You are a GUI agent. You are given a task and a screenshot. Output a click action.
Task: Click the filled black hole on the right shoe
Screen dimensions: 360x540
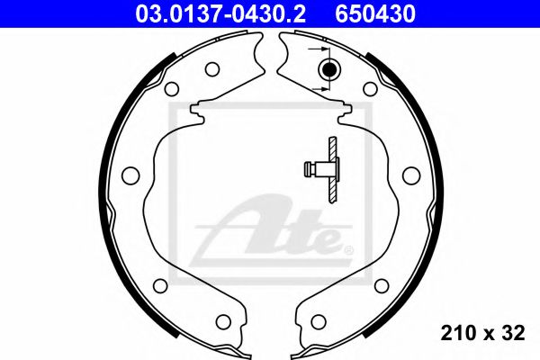(328, 69)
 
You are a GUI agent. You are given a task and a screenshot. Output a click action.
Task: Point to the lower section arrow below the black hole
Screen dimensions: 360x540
(317, 89)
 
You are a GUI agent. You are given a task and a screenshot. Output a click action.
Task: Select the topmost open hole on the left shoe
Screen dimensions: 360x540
(212, 68)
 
